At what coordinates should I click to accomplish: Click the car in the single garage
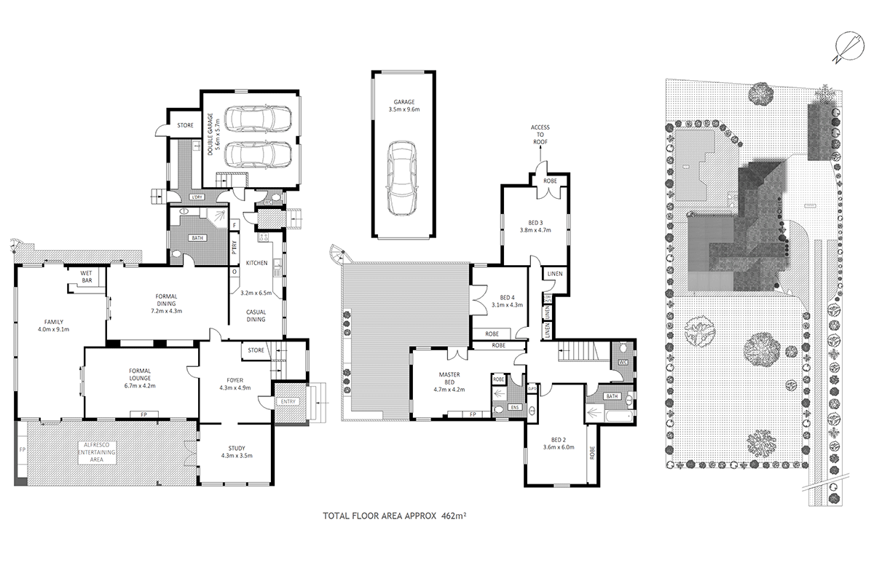click(x=403, y=178)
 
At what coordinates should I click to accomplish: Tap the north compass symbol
click(x=846, y=48)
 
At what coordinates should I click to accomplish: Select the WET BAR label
click(x=90, y=276)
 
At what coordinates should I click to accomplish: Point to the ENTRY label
click(x=284, y=401)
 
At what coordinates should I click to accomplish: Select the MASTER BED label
click(x=448, y=379)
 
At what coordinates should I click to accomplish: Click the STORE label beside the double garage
click(x=185, y=125)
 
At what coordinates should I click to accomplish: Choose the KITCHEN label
click(x=258, y=262)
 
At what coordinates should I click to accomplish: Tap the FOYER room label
click(x=235, y=379)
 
